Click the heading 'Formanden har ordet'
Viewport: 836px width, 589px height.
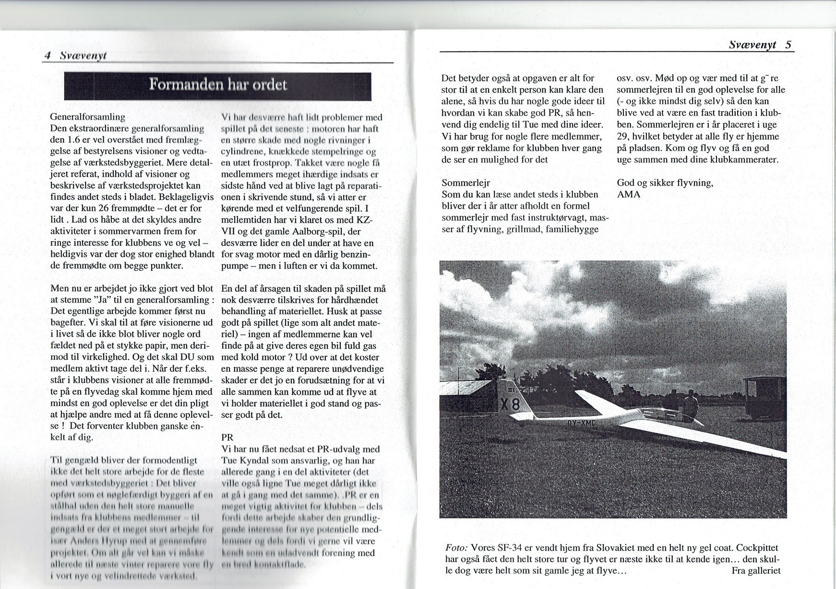pyautogui.click(x=218, y=85)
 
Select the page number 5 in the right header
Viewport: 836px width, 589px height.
pyautogui.click(x=788, y=45)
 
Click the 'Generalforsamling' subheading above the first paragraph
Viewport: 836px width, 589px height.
pyautogui.click(x=88, y=117)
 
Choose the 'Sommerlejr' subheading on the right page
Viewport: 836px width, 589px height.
pyautogui.click(x=466, y=183)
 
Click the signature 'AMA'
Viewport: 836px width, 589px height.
pyautogui.click(x=628, y=194)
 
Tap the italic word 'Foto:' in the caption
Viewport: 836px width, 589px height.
pyautogui.click(x=456, y=548)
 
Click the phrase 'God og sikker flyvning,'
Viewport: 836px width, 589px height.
pyautogui.click(x=665, y=183)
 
